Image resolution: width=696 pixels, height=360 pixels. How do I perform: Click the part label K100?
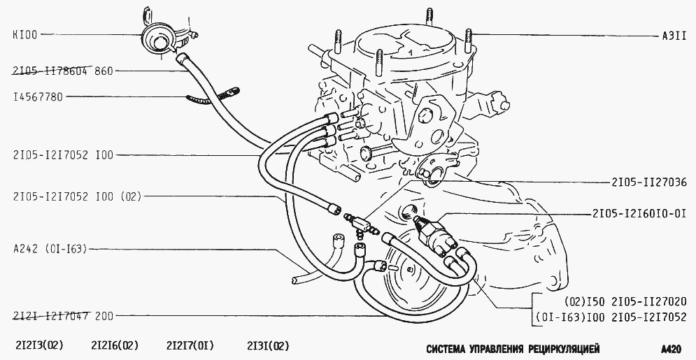click(x=25, y=34)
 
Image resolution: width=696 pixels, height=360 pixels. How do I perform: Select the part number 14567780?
click(x=38, y=96)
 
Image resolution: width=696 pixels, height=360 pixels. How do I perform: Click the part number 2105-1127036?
click(x=648, y=182)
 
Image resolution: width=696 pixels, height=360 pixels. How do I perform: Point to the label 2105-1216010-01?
click(x=639, y=214)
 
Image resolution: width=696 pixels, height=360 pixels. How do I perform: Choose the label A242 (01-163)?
click(x=50, y=249)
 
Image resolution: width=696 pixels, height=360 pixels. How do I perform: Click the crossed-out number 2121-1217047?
click(x=51, y=316)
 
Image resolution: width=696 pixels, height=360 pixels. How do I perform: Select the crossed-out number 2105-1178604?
click(x=51, y=71)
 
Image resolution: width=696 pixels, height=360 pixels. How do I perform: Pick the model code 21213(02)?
click(x=39, y=345)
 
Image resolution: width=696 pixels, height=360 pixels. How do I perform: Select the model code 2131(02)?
click(x=268, y=345)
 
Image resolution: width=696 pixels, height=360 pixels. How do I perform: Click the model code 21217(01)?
click(x=190, y=345)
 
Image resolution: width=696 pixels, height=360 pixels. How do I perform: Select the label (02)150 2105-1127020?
click(x=625, y=301)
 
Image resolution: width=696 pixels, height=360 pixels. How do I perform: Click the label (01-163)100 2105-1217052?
click(x=611, y=317)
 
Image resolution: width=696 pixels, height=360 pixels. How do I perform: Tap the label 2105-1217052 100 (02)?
click(x=77, y=196)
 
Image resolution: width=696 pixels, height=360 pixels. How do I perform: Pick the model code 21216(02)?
click(x=115, y=345)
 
